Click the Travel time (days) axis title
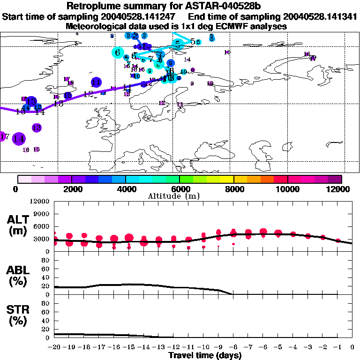[205, 356]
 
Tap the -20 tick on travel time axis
[54, 347]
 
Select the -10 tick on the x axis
[203, 347]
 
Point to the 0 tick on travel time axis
[352, 347]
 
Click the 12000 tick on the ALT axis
[41, 202]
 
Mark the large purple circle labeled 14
[19, 139]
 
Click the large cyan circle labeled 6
[117, 52]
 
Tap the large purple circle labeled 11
[97, 82]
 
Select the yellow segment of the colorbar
[227, 179]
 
